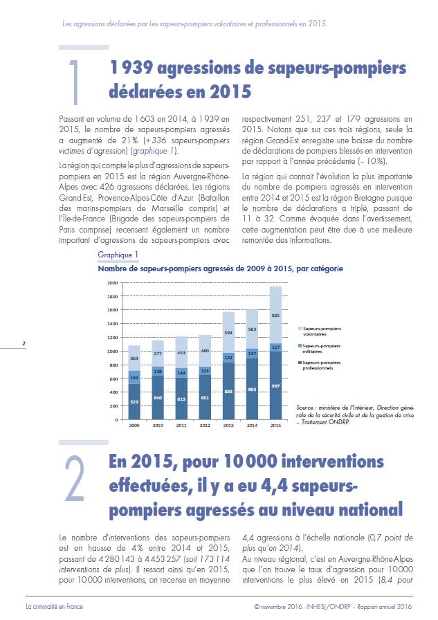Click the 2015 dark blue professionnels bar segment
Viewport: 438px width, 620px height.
(x=275, y=385)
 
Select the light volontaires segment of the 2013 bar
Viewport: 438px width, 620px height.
(x=228, y=332)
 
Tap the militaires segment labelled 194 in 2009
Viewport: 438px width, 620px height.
(x=134, y=377)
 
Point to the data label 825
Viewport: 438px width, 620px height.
(x=275, y=315)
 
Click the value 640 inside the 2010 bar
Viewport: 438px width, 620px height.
(x=158, y=397)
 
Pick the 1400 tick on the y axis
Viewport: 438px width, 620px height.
(x=113, y=324)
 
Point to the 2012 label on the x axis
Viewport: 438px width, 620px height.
(x=205, y=426)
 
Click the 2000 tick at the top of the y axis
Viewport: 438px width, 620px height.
(x=113, y=283)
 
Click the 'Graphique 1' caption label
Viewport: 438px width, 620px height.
(x=118, y=255)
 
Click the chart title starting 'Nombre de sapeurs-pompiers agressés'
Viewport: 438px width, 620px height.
(x=220, y=269)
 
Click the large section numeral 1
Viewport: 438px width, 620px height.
(x=74, y=82)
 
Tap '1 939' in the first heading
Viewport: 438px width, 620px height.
(x=131, y=68)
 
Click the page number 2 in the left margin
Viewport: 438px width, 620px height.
(x=24, y=343)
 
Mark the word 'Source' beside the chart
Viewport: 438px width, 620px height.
(x=304, y=408)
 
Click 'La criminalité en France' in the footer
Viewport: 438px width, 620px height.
(x=55, y=607)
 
